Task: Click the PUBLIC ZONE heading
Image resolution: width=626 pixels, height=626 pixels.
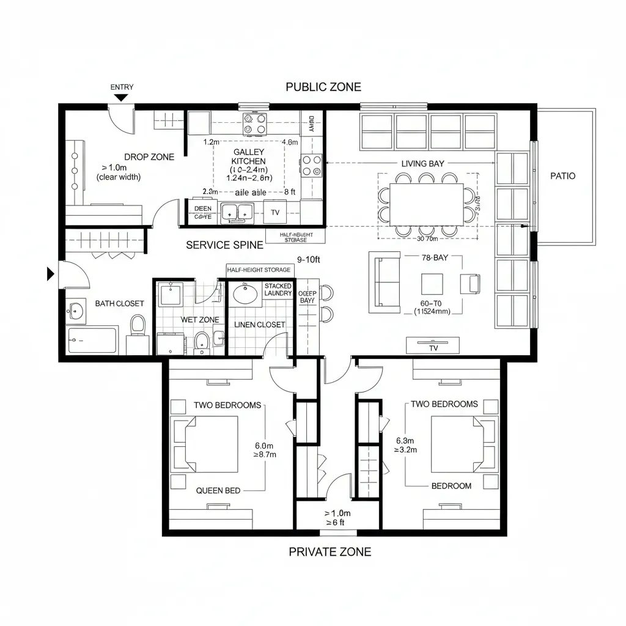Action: coord(323,87)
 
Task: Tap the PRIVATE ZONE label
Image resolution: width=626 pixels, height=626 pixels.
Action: coord(330,551)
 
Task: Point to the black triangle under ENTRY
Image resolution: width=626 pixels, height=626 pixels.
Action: coord(122,98)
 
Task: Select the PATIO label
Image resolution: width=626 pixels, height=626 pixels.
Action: coord(562,176)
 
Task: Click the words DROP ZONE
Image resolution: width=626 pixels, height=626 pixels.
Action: coord(149,157)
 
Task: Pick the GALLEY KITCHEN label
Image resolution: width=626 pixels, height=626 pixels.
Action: coord(249,156)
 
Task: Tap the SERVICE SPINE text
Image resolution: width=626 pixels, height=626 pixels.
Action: coord(224,245)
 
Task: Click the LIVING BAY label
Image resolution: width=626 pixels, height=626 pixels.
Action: coord(422,164)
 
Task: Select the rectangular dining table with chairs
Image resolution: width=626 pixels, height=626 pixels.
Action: coord(427,204)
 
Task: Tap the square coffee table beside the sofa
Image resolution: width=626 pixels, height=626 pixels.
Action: coord(432,284)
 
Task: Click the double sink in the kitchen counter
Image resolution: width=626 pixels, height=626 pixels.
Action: coord(237,212)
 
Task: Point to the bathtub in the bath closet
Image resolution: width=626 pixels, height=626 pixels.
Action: coord(92,340)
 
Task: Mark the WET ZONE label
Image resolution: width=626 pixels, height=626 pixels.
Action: coord(199,320)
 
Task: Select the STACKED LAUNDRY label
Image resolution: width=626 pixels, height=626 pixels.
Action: coord(278,290)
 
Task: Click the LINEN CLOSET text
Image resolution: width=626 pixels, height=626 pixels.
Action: coord(260,325)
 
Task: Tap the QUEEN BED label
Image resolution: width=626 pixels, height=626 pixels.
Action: coord(218,490)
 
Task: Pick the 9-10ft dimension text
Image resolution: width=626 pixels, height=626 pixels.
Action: coord(309,259)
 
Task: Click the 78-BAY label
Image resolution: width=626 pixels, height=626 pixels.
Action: coord(435,259)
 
